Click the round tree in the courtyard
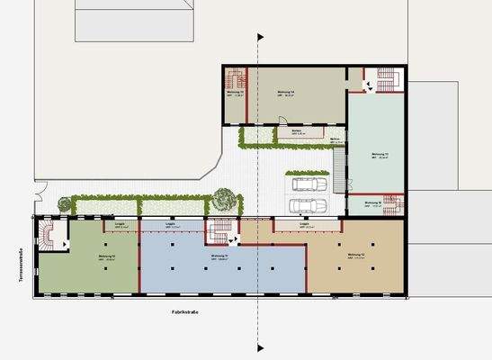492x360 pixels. [x=222, y=196]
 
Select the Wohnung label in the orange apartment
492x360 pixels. [x=356, y=257]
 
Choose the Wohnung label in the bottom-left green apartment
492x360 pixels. [x=105, y=256]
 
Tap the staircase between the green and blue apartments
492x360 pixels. [x=219, y=232]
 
